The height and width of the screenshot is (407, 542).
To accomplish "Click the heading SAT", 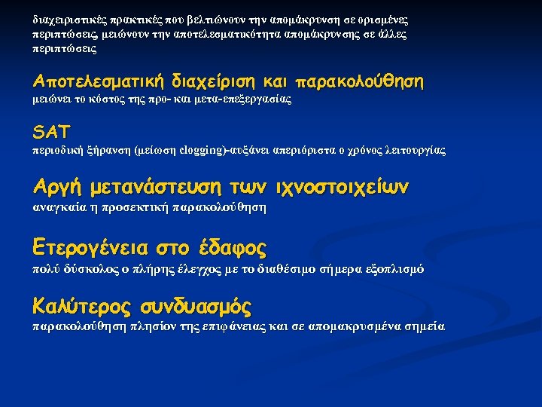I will (51, 133).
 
